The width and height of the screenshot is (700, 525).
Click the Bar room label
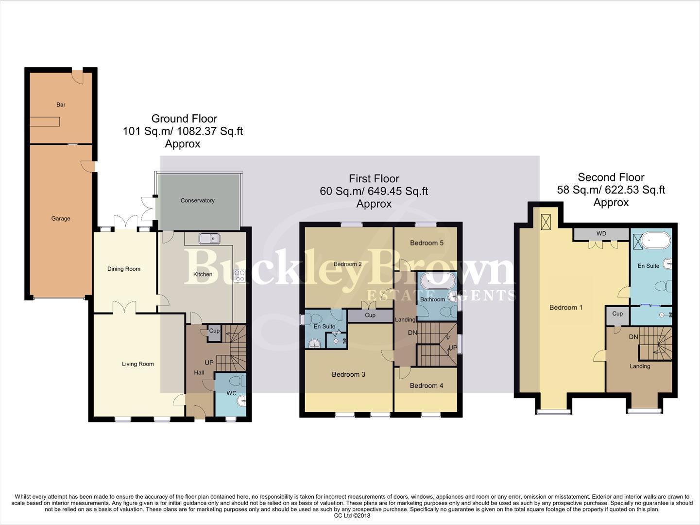click(61, 105)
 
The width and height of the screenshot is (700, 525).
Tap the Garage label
click(61, 219)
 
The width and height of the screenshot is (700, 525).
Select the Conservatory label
click(197, 200)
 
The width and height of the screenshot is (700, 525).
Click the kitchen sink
click(209, 238)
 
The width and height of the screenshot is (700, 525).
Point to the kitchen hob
click(239, 276)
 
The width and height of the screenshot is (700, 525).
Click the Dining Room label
click(124, 269)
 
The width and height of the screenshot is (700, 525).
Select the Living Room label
click(138, 364)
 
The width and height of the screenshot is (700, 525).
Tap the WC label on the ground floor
click(231, 393)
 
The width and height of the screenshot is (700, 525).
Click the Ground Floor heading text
click(184, 119)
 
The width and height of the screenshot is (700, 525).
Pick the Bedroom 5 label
click(427, 243)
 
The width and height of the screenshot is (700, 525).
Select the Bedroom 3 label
click(348, 374)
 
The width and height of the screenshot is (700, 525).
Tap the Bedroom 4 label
click(427, 385)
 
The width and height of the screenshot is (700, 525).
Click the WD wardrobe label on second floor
click(601, 234)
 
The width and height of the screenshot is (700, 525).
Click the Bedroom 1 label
click(566, 307)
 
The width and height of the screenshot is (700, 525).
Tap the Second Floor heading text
click(611, 177)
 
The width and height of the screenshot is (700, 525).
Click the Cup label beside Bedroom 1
click(617, 314)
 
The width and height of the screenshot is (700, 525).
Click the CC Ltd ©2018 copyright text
click(352, 516)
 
